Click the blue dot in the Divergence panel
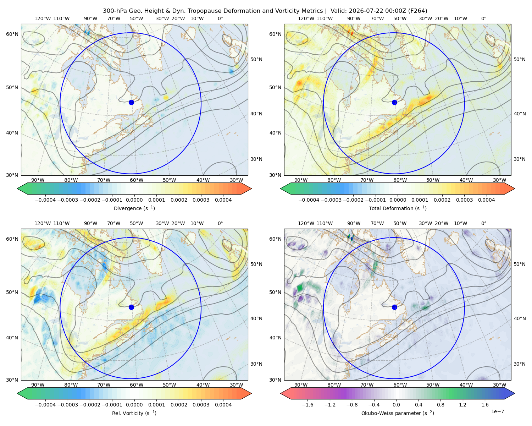[131, 102]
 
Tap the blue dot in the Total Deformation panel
[394, 102]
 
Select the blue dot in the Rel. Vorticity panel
[131, 307]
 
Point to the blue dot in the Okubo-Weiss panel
[394, 307]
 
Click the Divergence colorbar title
[134, 208]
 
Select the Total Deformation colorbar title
[398, 208]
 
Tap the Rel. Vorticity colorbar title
[134, 413]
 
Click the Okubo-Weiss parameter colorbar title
[398, 413]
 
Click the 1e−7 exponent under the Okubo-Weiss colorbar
[497, 411]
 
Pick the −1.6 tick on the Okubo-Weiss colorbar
[307, 404]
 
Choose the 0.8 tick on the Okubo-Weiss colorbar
[440, 404]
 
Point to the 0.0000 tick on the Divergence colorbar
[134, 200]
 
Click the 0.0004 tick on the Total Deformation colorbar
[487, 200]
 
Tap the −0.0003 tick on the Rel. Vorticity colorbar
[67, 404]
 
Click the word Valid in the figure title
[338, 11]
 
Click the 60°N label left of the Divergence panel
[12, 34]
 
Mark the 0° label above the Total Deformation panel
[483, 18]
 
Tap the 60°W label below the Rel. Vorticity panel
[137, 385]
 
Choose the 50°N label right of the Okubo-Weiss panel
[519, 264]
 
